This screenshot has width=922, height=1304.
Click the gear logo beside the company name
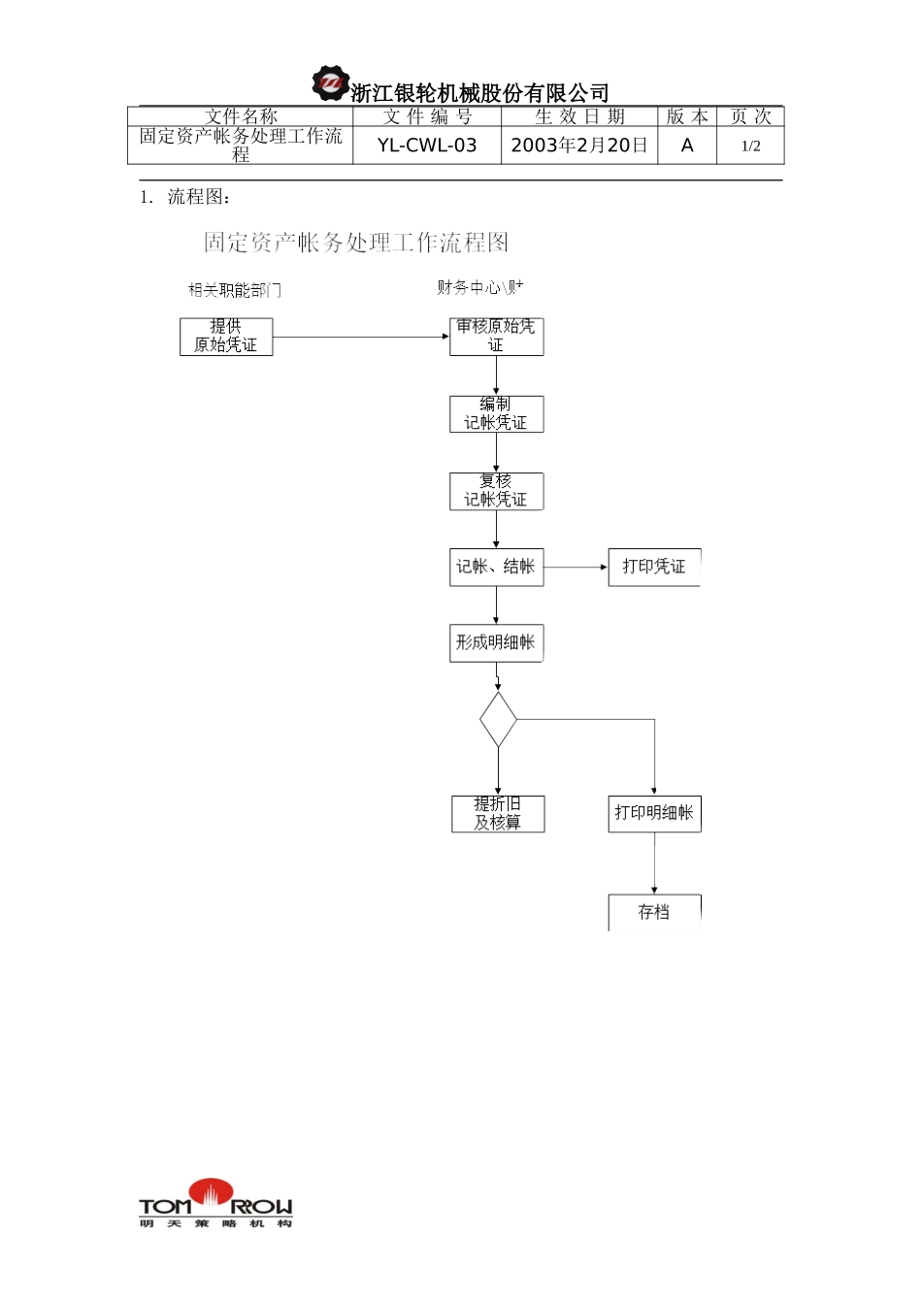pos(331,84)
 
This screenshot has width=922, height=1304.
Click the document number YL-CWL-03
pos(427,146)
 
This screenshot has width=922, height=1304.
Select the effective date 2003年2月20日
pos(578,146)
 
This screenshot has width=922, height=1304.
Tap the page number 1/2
pos(750,147)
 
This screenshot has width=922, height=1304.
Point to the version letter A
pos(687,146)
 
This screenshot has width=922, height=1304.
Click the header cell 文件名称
pos(241,116)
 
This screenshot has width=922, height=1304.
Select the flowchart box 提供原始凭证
pos(226,337)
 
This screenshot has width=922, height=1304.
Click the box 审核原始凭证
pos(496,337)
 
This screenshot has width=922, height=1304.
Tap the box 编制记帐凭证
pos(496,414)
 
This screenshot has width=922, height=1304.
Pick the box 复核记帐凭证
pos(496,491)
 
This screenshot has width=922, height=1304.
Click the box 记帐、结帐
pos(496,567)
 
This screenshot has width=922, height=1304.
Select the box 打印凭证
pos(653,567)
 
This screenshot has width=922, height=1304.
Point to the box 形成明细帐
pos(496,643)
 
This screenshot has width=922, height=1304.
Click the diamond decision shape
pos(498,719)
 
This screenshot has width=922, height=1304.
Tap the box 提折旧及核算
pos(498,814)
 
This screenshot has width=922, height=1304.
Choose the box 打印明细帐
pos(654,814)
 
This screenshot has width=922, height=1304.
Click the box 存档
pos(654,912)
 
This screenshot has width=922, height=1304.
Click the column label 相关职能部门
pos(234,290)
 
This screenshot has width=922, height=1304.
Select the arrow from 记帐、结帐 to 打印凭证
pos(576,567)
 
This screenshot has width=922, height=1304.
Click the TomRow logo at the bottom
pos(214,1204)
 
